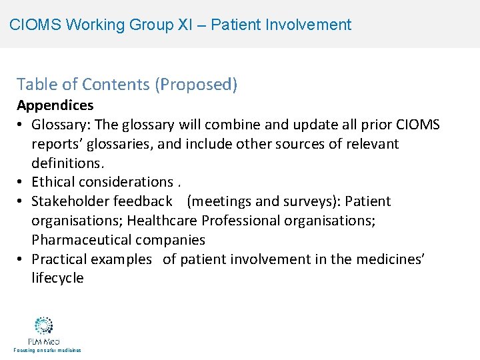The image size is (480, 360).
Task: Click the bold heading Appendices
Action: click(x=55, y=105)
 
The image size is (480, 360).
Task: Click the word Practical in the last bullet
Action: click(x=59, y=259)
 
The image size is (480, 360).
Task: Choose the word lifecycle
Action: click(x=58, y=279)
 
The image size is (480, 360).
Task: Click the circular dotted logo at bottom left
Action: click(x=44, y=325)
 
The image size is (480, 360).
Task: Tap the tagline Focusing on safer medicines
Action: click(x=45, y=350)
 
